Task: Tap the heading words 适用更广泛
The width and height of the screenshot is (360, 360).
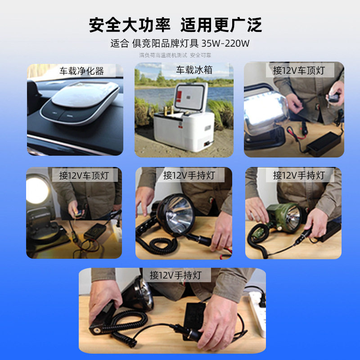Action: (x=221, y=25)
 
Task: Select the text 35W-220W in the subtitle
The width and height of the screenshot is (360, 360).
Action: (x=225, y=44)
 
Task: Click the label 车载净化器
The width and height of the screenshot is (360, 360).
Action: (x=82, y=71)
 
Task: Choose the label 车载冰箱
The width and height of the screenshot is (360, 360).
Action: (x=193, y=70)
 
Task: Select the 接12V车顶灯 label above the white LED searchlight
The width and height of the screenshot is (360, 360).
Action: (x=298, y=71)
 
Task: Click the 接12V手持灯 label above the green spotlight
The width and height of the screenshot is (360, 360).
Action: (x=298, y=175)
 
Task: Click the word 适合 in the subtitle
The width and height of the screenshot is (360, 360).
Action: (x=120, y=44)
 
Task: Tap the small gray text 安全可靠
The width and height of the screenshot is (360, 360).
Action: (x=200, y=55)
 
